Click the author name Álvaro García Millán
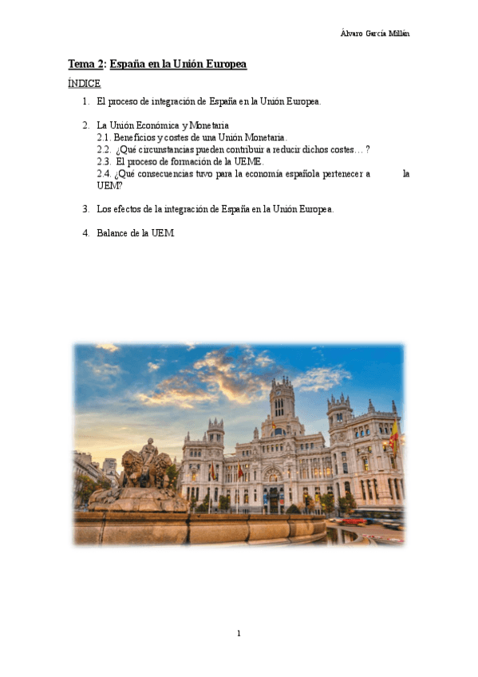(375, 33)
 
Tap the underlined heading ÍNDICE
(84, 84)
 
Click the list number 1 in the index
(85, 101)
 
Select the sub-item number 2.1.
(104, 137)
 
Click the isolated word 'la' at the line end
(406, 173)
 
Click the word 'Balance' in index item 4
(111, 233)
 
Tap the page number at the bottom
(239, 633)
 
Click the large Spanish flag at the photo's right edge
(394, 437)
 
